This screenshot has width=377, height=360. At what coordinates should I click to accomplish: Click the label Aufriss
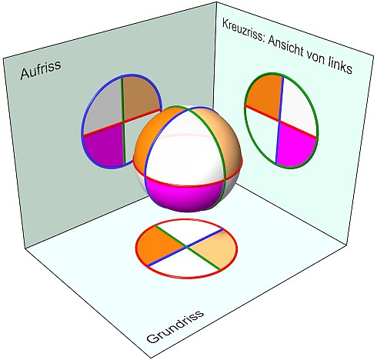(41, 69)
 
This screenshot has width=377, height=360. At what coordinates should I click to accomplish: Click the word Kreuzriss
(242, 30)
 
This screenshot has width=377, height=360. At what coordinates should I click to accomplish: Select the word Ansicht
(285, 47)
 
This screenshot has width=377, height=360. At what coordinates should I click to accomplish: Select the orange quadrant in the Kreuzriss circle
(264, 95)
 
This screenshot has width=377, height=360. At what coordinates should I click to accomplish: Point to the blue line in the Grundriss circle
(185, 247)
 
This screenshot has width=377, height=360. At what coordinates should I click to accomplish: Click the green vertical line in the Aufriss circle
(123, 121)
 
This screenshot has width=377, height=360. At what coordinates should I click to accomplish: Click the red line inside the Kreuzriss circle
(281, 122)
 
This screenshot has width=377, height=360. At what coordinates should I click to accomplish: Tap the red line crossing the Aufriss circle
(122, 122)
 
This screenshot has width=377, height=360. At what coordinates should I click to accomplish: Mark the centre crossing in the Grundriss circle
(186, 247)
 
